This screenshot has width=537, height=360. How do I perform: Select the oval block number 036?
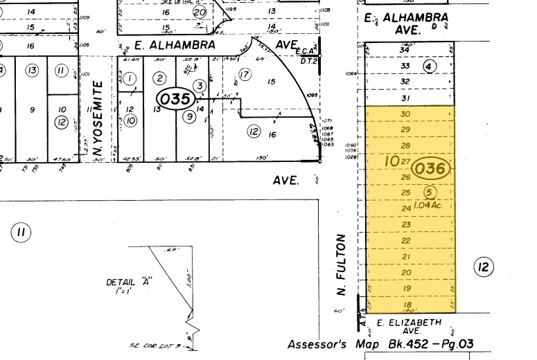pos(431,168)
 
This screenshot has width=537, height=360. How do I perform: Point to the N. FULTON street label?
pos(341,264)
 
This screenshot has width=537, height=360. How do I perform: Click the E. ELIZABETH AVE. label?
pos(408,327)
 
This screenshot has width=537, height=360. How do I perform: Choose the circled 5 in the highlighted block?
pos(428,192)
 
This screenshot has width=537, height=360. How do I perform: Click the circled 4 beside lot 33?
pos(429,66)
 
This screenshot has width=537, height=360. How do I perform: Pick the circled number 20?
pos(200,12)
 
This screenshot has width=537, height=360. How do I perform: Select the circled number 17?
pos(243,75)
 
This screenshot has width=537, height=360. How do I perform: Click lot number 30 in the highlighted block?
pos(406,114)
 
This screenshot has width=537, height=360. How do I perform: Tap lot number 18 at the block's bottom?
pos(407,305)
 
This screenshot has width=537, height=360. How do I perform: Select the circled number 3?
pos(200,85)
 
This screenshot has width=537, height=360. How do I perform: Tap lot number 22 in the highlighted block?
pos(407,240)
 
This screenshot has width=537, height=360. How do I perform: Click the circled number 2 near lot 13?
pos(159,78)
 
